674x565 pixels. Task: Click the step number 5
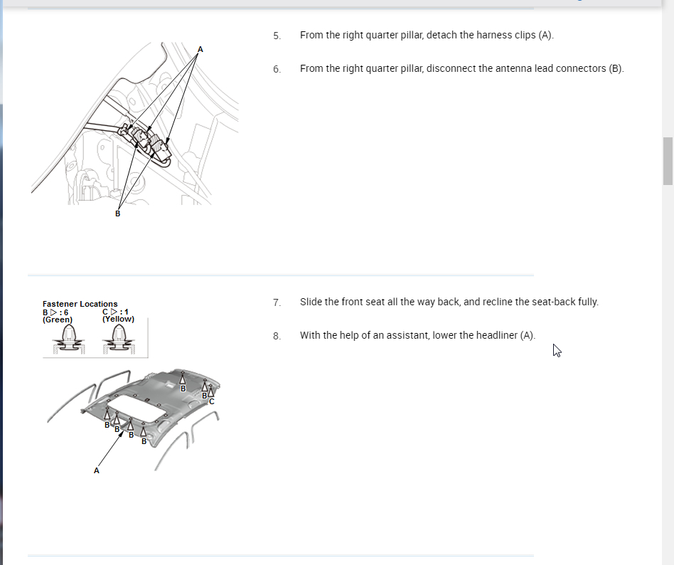pos(277,36)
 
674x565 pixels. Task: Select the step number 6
pos(277,69)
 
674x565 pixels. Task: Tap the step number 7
pos(277,302)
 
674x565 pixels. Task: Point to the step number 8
pos(277,336)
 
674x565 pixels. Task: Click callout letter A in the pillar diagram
pos(200,50)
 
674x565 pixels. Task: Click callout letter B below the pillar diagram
pos(118,213)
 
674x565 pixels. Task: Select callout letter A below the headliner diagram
pos(96,470)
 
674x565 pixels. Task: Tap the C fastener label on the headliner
pos(211,401)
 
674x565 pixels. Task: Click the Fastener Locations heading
pos(80,304)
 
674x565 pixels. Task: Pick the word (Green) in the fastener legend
pos(58,320)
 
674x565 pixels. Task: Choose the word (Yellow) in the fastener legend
pos(118,319)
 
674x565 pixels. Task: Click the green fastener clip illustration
pos(68,339)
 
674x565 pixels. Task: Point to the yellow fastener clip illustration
pos(118,339)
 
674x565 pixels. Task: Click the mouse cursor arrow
pos(557,350)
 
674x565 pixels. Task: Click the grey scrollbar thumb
pos(668,161)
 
